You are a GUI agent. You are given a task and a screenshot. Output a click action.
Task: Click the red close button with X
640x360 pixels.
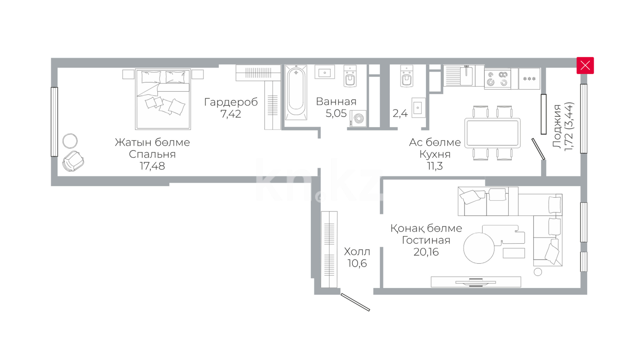(x=585, y=65)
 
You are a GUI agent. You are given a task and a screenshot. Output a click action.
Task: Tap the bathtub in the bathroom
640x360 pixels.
(x=296, y=92)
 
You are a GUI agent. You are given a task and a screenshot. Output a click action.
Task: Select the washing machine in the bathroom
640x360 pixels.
(x=358, y=119)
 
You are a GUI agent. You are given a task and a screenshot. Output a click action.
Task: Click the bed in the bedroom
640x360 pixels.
(x=163, y=99)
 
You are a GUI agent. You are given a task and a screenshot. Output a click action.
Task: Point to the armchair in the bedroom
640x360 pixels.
(x=73, y=161)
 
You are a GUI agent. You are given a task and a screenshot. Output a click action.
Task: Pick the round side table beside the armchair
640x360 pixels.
(x=70, y=141)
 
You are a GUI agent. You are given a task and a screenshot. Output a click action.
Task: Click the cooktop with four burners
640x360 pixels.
(x=497, y=79)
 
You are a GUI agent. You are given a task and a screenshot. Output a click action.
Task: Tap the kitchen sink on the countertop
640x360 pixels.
(x=466, y=76)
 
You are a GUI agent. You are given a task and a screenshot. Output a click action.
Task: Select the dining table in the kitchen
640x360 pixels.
(x=492, y=133)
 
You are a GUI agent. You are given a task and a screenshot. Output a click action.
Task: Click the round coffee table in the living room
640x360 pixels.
(x=479, y=248)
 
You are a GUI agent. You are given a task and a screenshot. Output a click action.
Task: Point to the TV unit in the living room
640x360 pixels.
(x=476, y=282)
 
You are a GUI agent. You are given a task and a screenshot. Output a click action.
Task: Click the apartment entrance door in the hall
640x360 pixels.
(x=355, y=302)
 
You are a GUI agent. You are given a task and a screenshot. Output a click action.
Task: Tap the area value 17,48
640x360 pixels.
(x=152, y=166)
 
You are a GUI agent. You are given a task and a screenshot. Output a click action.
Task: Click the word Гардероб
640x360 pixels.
(x=231, y=102)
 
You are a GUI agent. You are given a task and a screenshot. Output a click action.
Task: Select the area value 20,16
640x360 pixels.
(x=426, y=252)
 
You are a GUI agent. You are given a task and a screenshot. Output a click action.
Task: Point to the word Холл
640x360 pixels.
(x=357, y=251)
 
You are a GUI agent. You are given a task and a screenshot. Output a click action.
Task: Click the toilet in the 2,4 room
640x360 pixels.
(x=406, y=76)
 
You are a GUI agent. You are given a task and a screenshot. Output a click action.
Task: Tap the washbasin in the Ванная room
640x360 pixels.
(x=324, y=72)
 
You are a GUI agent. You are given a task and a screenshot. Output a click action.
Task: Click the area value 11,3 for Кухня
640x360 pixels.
(x=435, y=166)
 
